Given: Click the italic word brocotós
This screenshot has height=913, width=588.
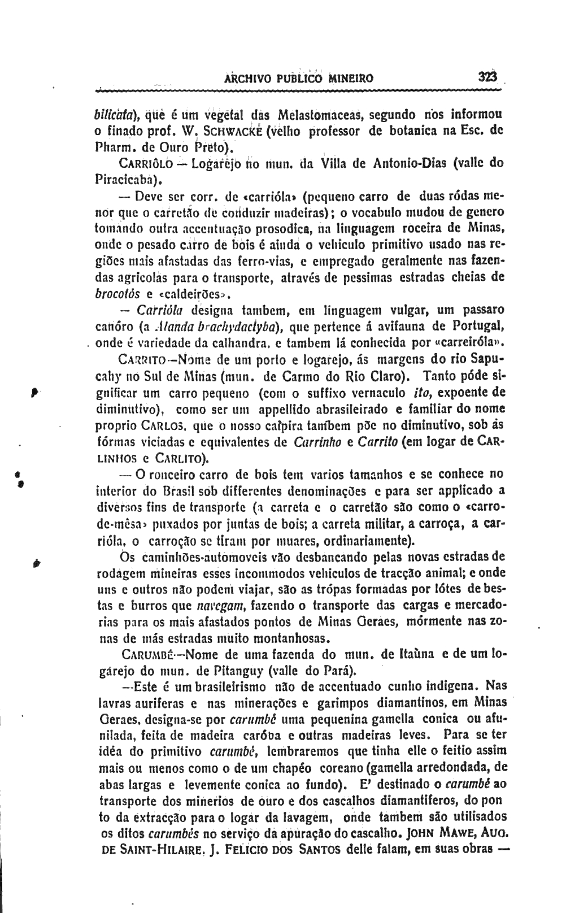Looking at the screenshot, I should (117, 294).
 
